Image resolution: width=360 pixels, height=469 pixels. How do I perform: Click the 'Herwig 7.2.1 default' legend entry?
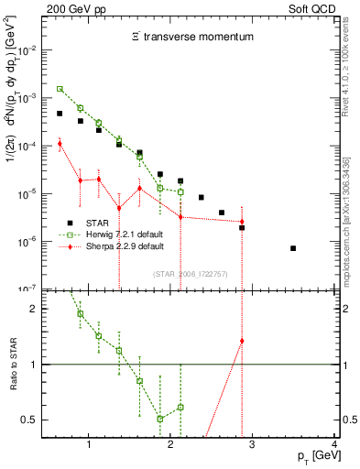[111, 234]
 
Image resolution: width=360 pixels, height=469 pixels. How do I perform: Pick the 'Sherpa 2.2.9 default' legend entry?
[111, 246]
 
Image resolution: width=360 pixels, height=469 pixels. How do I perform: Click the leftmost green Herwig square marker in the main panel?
[60, 89]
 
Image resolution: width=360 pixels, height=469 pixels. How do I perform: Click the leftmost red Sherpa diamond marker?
[60, 143]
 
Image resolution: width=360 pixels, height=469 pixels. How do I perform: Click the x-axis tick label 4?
[334, 445]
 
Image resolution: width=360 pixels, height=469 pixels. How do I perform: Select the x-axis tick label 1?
[88, 445]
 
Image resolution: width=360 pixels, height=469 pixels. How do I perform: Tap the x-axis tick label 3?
[252, 445]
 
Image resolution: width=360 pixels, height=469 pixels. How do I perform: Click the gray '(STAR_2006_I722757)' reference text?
[191, 274]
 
